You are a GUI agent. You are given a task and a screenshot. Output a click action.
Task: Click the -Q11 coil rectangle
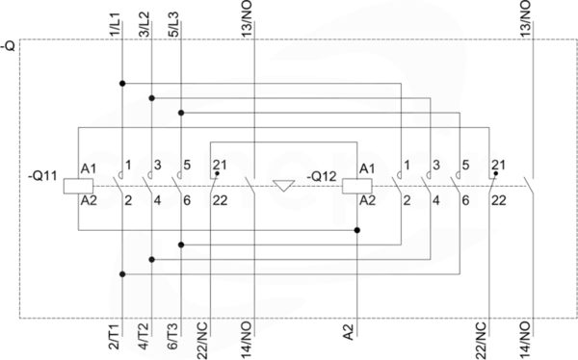[78, 186]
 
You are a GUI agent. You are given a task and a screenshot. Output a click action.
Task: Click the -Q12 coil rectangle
[356, 186]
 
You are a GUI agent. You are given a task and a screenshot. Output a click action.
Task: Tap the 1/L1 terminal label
[115, 25]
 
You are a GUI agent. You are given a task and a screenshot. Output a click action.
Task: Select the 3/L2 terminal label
[144, 25]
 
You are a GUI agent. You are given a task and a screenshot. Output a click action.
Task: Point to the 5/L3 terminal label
[173, 25]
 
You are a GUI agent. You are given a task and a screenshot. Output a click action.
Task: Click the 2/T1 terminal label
[115, 336]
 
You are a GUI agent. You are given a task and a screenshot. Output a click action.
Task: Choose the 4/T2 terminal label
[144, 336]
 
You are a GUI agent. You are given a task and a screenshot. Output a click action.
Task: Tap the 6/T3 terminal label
[173, 336]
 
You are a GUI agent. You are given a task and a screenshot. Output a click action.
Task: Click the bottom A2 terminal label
[349, 332]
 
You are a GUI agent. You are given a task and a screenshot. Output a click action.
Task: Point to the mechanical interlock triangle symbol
[283, 186]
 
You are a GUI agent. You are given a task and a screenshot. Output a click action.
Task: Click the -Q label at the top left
[9, 46]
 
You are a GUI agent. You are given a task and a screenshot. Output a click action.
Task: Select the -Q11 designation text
[42, 176]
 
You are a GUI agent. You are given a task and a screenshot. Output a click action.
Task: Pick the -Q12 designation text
[322, 176]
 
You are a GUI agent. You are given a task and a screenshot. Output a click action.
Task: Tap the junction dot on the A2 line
[356, 230]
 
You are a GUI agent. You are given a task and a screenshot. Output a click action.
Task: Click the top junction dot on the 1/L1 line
[122, 84]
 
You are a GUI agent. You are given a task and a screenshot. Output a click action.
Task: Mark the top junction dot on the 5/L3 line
[181, 113]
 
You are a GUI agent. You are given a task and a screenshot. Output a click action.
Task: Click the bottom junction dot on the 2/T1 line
[122, 274]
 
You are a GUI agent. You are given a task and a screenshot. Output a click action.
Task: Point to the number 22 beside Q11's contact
[220, 201]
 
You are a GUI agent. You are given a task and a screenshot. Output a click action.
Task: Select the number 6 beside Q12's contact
[465, 201]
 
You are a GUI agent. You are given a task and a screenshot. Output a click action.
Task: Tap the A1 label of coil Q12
[367, 169]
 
